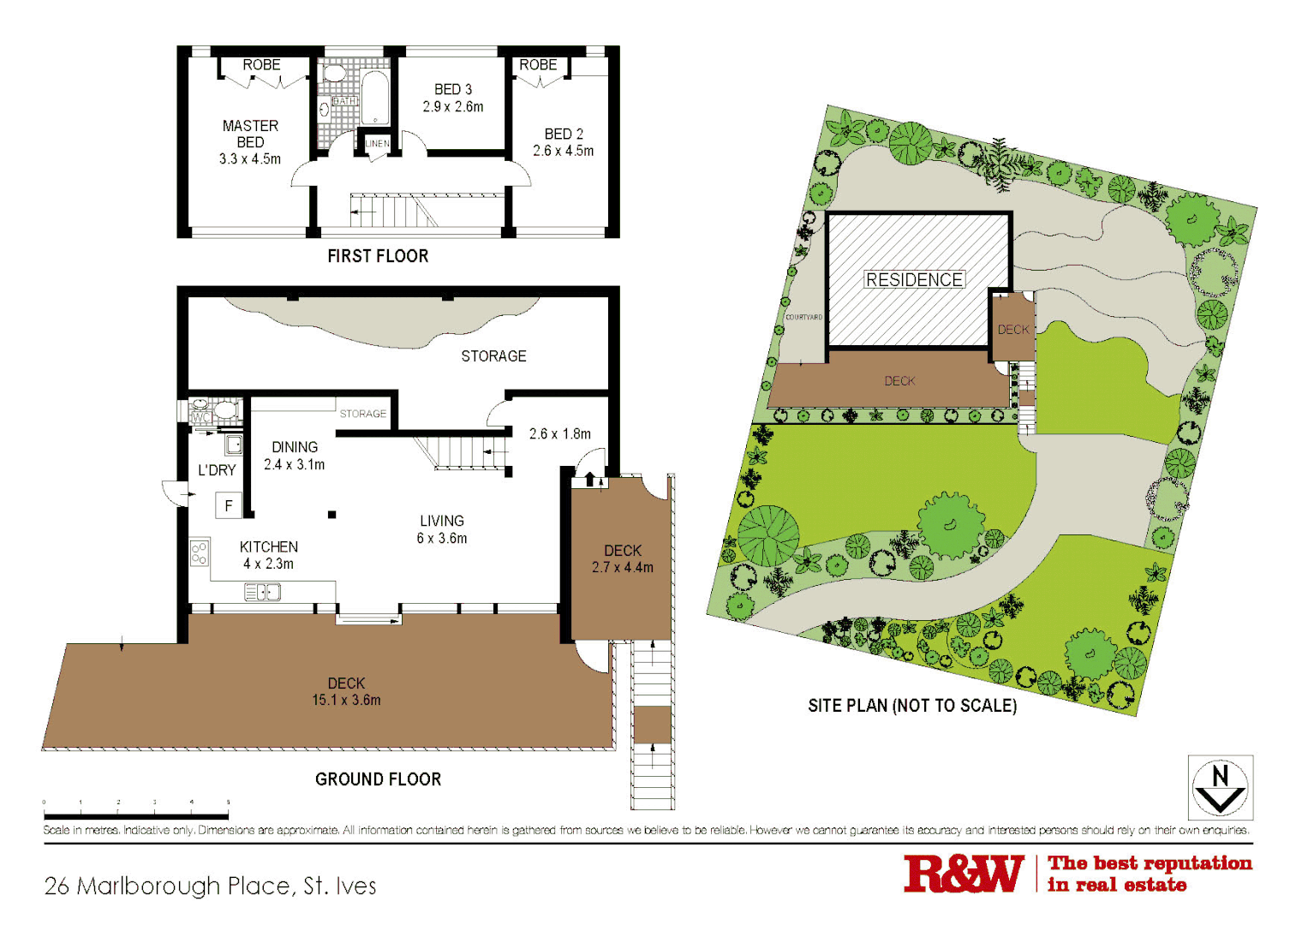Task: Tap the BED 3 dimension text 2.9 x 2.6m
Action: [x=453, y=107]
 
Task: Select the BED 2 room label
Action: [x=564, y=134]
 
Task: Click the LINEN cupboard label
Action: [x=378, y=144]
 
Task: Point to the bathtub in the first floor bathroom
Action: [x=374, y=97]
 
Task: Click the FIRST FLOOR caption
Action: [x=378, y=255]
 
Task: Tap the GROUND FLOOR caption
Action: [x=378, y=779]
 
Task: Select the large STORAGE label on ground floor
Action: [x=493, y=355]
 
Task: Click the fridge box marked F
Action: [x=229, y=505]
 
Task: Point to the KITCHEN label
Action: [x=269, y=546]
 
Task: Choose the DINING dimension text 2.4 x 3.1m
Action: [x=295, y=465]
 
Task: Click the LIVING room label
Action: [x=442, y=521]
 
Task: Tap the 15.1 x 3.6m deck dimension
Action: [x=346, y=701]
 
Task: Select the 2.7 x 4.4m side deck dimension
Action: [x=623, y=567]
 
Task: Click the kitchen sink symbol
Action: [x=262, y=592]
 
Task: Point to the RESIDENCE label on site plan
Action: [x=914, y=280]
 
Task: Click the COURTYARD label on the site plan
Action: [x=803, y=317]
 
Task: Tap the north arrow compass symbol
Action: [x=1221, y=787]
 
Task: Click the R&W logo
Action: [x=964, y=874]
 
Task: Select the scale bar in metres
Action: [x=136, y=815]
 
